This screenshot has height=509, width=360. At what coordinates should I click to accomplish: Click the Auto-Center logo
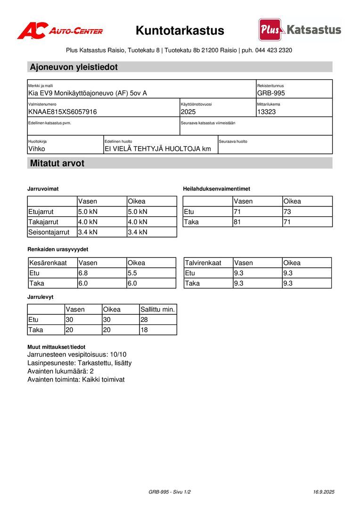coord(60,31)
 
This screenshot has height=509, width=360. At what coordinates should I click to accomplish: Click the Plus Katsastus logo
coord(300,30)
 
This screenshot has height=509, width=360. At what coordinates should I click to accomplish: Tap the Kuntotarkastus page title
coord(180,31)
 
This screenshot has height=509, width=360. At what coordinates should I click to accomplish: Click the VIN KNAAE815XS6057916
coord(63,112)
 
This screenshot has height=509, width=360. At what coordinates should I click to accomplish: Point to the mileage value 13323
coord(267,112)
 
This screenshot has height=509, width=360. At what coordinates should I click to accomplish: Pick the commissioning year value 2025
coord(188,112)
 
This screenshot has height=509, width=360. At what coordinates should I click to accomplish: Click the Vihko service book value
coord(37,149)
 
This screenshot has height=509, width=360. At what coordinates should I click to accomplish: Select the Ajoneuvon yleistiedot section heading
coord(74,67)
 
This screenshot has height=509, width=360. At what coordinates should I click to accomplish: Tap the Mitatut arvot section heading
coord(57,164)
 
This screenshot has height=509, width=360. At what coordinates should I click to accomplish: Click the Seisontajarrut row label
coord(49,232)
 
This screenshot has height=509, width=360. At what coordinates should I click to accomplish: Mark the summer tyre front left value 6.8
coord(83,273)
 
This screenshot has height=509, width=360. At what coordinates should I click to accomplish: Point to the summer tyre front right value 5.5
coord(132,273)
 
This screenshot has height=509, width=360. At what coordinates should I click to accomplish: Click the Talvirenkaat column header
coord(203,263)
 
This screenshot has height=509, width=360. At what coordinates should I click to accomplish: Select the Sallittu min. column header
coord(157,310)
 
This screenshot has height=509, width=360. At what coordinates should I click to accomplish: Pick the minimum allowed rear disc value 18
coord(144,330)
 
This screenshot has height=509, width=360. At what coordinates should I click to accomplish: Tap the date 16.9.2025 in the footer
coord(324,492)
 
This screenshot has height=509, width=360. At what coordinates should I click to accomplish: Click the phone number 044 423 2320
coord(274,50)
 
